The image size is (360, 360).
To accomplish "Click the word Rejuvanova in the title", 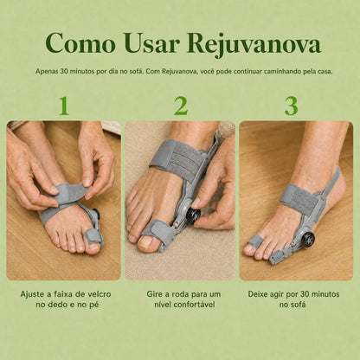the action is [254, 44].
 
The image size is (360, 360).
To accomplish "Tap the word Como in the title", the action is [80, 43].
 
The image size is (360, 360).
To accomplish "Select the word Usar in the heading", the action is [151, 43].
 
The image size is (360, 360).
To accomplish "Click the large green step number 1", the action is [64, 106].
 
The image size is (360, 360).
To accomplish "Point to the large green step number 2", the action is [181, 106].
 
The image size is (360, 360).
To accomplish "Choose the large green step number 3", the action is [291, 106].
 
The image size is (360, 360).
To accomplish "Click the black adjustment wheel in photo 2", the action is [194, 215].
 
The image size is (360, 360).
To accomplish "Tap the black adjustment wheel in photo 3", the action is [307, 238].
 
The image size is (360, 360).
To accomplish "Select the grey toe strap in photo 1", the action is [93, 238].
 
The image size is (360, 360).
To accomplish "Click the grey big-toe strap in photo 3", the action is [255, 241].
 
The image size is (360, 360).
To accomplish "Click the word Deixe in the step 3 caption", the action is [258, 294].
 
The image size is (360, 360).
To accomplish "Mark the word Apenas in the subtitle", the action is [47, 72].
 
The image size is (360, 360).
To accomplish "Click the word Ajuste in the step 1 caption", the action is [31, 294].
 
